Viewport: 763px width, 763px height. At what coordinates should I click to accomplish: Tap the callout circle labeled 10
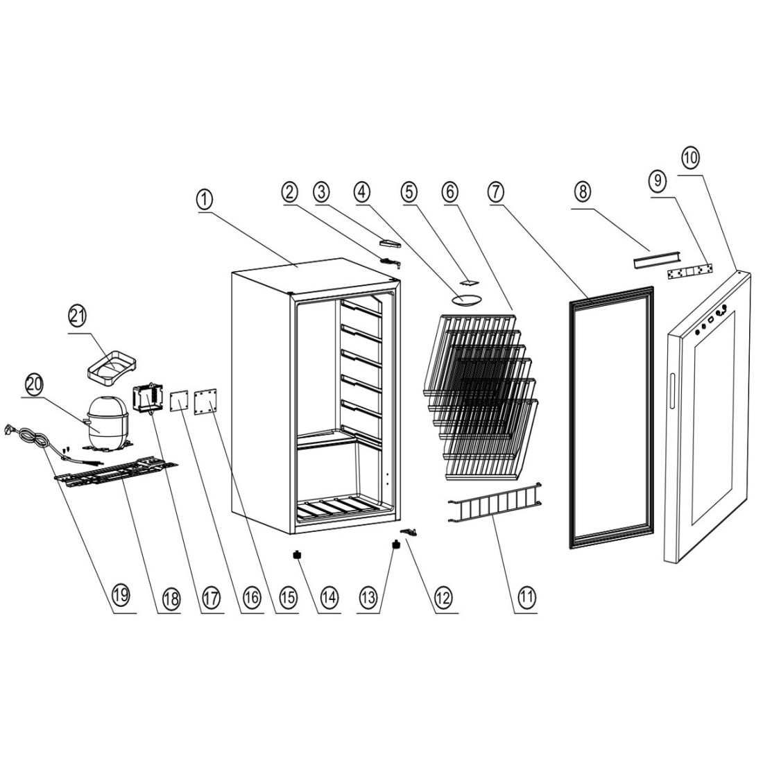point(691,157)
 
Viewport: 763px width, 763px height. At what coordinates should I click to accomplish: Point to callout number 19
point(120,594)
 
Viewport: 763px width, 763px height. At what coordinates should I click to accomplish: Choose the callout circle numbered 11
point(526,594)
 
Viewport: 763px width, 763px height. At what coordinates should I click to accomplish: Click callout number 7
point(496,194)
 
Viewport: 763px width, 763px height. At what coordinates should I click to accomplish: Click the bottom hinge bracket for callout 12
point(411,532)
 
